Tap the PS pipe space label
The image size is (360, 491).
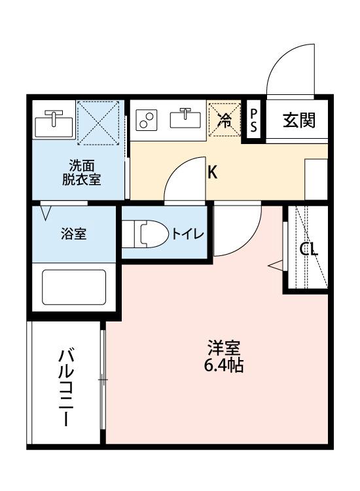pyautogui.click(x=254, y=120)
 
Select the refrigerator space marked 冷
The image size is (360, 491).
pyautogui.click(x=225, y=120)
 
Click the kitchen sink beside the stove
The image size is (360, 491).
pyautogui.click(x=185, y=119)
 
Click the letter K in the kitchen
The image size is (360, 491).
pyautogui.click(x=213, y=173)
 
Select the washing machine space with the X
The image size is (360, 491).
pyautogui.click(x=99, y=122)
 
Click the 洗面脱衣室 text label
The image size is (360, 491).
pyautogui.click(x=82, y=173)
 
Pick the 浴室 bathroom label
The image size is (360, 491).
pyautogui.click(x=74, y=234)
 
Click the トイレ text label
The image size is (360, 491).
pyautogui.click(x=189, y=234)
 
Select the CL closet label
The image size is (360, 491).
pyautogui.click(x=308, y=249)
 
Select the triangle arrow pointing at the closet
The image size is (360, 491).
pyautogui.click(x=276, y=265)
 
